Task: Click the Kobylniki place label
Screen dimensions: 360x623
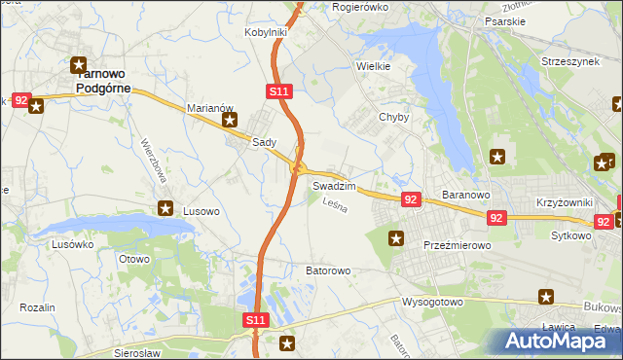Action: [265, 32]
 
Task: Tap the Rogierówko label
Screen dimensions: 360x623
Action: [360, 7]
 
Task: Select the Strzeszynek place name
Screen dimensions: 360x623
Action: [570, 61]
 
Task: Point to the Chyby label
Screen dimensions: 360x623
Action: [393, 117]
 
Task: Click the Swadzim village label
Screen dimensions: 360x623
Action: [334, 185]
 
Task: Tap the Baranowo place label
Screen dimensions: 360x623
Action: [464, 195]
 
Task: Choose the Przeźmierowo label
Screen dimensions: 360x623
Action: [456, 246]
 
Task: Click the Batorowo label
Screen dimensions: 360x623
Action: [328, 270]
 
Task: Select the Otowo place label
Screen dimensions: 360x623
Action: [134, 259]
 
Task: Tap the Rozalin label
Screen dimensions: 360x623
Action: [37, 307]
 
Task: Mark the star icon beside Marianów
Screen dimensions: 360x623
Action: [230, 121]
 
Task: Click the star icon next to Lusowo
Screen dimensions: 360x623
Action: [166, 208]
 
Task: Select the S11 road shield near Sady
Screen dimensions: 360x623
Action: [278, 91]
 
